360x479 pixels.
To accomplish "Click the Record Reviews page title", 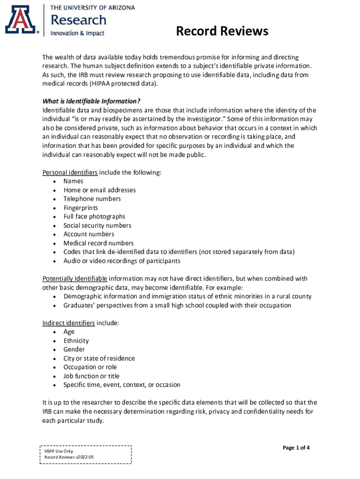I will pyautogui.click(x=222, y=31).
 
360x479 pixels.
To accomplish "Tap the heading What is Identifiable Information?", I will pyautogui.click(x=92, y=102).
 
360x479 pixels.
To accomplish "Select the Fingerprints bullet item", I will pyautogui.click(x=81, y=208).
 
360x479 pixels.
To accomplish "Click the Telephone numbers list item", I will pyautogui.click(x=92, y=199).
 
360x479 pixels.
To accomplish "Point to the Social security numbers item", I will pyautogui.click(x=97, y=225).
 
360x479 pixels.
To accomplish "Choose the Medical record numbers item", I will pyautogui.click(x=99, y=243).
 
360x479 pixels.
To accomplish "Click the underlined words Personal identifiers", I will pyautogui.click(x=70, y=173).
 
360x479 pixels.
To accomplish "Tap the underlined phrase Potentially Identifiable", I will pyautogui.click(x=75, y=279).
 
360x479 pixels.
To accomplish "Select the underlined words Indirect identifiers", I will pyautogui.click(x=69, y=323).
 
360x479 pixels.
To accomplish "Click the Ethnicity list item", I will pyautogui.click(x=76, y=341).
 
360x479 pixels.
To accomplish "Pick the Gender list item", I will pyautogui.click(x=74, y=349).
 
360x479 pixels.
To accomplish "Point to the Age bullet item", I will pyautogui.click(x=69, y=332).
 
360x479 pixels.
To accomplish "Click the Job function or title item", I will pyautogui.click(x=92, y=376).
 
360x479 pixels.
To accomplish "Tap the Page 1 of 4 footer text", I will pyautogui.click(x=296, y=448).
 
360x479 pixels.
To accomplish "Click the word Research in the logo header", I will pyautogui.click(x=79, y=20).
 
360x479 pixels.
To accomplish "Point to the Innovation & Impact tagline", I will pyautogui.click(x=77, y=33).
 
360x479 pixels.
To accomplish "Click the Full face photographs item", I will pyautogui.click(x=94, y=217).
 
